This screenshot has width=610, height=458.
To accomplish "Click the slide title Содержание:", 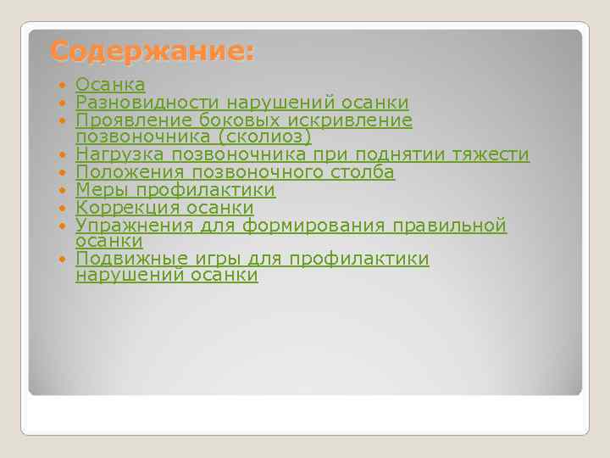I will coord(151,52).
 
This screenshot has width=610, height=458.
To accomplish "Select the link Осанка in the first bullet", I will coord(110,85).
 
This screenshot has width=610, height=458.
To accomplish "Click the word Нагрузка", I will coord(119,154).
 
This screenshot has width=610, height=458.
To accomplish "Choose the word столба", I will coord(363,172).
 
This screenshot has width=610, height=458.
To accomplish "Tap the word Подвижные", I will coord(128,259).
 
